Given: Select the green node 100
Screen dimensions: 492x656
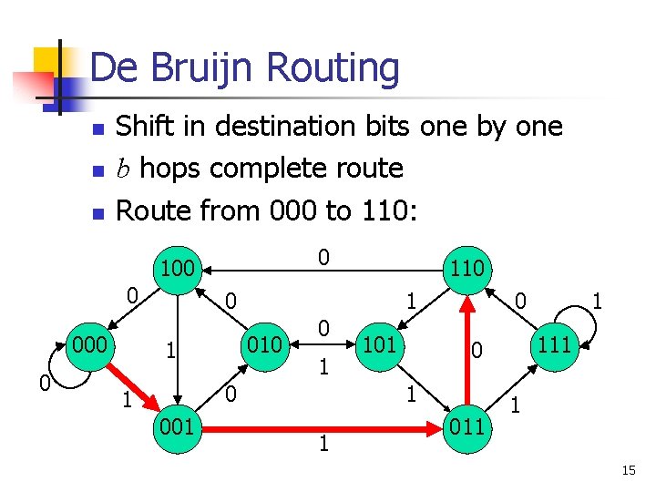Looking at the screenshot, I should pyautogui.click(x=177, y=270).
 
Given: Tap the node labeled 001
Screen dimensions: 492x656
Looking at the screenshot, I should pyautogui.click(x=177, y=425).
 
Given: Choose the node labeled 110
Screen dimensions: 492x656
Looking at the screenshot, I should pyautogui.click(x=466, y=270).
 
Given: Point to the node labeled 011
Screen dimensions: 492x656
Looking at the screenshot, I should pyautogui.click(x=466, y=425).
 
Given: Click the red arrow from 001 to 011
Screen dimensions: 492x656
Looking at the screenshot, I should pyautogui.click(x=319, y=425).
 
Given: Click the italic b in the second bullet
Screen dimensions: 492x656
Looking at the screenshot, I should pyautogui.click(x=123, y=169).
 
